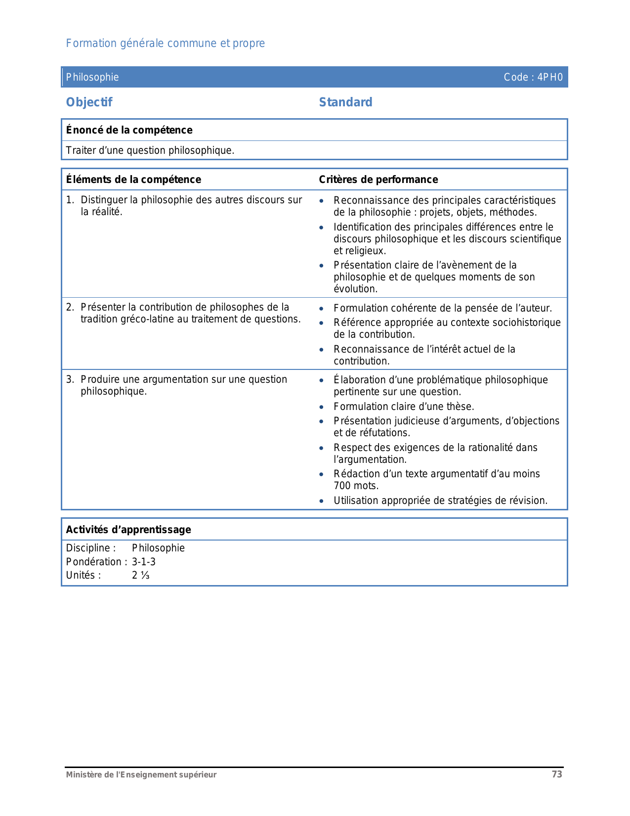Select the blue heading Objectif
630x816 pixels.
click(x=89, y=102)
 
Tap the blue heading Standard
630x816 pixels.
click(x=345, y=102)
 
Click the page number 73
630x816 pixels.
click(x=557, y=774)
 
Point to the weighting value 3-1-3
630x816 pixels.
click(x=144, y=562)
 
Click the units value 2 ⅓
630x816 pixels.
click(x=141, y=575)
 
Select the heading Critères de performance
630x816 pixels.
click(x=378, y=180)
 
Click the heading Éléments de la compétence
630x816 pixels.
click(x=133, y=180)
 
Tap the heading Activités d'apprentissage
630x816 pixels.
click(x=128, y=530)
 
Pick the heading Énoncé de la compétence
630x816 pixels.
click(x=129, y=130)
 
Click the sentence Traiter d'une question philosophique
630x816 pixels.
click(x=150, y=150)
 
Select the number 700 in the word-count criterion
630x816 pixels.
click(x=342, y=486)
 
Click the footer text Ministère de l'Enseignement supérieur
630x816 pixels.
click(x=141, y=775)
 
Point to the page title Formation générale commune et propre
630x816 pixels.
click(x=166, y=44)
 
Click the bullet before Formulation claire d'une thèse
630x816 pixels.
click(x=322, y=407)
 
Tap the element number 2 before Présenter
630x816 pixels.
click(x=70, y=307)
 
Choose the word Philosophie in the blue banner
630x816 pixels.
click(x=92, y=77)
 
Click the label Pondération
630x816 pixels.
click(x=94, y=562)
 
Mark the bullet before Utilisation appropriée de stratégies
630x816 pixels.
click(x=322, y=501)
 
